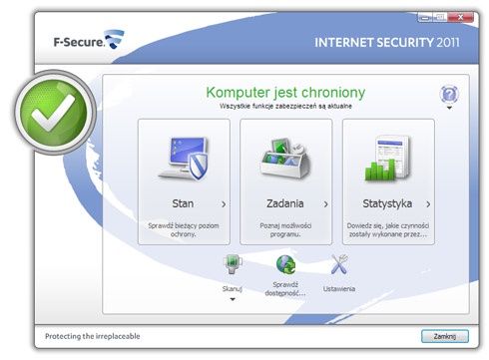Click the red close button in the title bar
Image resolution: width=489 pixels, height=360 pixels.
[460, 17]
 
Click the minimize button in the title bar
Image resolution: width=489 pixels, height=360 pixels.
[425, 17]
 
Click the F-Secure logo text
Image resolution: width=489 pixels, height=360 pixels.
[79, 42]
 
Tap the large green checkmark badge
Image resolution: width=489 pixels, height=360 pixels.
[55, 112]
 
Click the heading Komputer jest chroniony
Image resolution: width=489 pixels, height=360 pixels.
[285, 93]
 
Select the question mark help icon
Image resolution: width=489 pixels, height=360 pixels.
[449, 95]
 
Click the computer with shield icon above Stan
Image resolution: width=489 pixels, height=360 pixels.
[184, 159]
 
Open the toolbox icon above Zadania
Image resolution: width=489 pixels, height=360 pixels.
[285, 159]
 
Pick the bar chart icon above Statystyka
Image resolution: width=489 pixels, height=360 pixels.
[388, 159]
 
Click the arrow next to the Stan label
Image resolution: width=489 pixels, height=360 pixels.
[224, 204]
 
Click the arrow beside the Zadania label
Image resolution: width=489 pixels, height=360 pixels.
[326, 204]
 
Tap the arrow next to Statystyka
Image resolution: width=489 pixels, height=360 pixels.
[428, 204]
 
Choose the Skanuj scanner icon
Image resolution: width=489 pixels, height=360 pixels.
[233, 264]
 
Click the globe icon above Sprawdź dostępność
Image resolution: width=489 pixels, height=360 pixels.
[285, 264]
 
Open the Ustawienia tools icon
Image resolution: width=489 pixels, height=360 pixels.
[339, 264]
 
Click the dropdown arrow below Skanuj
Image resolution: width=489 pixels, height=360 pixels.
[233, 299]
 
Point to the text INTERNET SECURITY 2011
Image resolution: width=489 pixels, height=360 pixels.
[387, 43]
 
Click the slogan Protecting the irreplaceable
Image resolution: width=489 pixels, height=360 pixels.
[93, 336]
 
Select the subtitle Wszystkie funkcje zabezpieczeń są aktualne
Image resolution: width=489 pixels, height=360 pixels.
[285, 106]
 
